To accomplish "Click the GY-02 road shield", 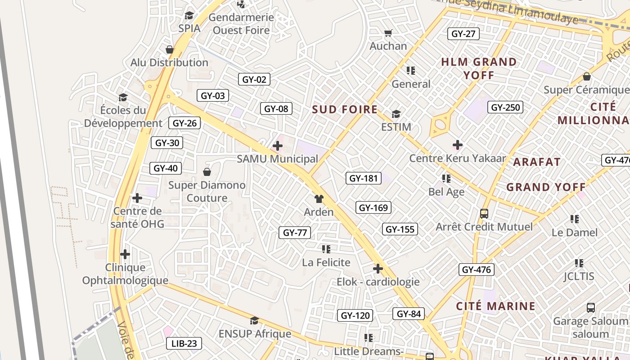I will pyautogui.click(x=254, y=80).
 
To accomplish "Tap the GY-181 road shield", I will pyautogui.click(x=364, y=178).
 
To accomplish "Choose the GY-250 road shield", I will pyautogui.click(x=505, y=107).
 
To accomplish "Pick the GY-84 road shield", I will pyautogui.click(x=409, y=314).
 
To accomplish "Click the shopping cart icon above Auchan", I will pyautogui.click(x=388, y=33).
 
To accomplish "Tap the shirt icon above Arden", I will pyautogui.click(x=319, y=199).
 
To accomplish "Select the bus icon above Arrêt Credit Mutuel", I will pyautogui.click(x=484, y=214).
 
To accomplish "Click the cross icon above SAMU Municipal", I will pyautogui.click(x=278, y=146).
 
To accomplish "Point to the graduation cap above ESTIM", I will pyautogui.click(x=396, y=114).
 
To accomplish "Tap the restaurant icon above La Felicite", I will pyautogui.click(x=326, y=249).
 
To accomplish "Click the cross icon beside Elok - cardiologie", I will pyautogui.click(x=378, y=269).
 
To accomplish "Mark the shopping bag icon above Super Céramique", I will pyautogui.click(x=586, y=76).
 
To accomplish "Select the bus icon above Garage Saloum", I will pyautogui.click(x=591, y=308).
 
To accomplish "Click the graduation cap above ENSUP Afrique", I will pyautogui.click(x=255, y=320).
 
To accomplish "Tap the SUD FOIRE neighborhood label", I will pyautogui.click(x=345, y=109).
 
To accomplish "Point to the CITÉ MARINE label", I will pyautogui.click(x=495, y=306).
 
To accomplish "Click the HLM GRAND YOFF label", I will pyautogui.click(x=479, y=68).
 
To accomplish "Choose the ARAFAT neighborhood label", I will pyautogui.click(x=537, y=162).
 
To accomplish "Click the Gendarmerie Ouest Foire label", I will pyautogui.click(x=241, y=24).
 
